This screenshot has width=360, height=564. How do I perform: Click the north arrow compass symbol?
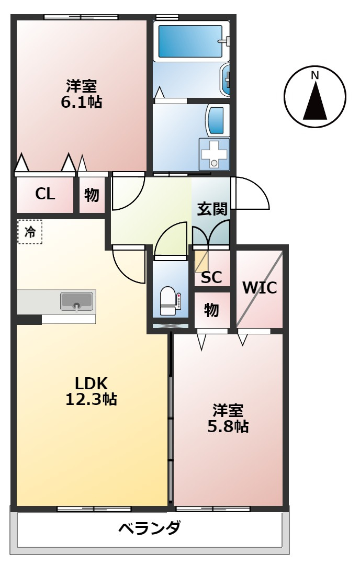(315, 97)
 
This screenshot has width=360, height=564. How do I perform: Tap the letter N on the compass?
(315, 75)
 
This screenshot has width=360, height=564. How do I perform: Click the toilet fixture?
(168, 302)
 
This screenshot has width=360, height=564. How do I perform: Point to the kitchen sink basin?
(77, 301)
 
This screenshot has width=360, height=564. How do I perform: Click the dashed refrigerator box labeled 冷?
(30, 232)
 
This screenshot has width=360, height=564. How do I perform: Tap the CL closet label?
(45, 194)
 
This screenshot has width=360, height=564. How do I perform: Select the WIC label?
(259, 288)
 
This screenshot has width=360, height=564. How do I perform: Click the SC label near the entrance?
(211, 277)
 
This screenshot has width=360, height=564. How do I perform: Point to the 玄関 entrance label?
(212, 209)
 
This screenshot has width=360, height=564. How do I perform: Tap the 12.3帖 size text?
(91, 400)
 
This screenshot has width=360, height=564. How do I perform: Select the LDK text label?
(91, 382)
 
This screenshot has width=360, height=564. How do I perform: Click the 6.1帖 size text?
(81, 102)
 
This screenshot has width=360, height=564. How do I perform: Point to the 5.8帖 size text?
(228, 426)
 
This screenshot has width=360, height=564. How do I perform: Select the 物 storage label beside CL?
(92, 195)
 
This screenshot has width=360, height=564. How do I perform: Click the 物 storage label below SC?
(211, 310)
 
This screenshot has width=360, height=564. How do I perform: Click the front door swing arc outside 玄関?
(251, 194)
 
